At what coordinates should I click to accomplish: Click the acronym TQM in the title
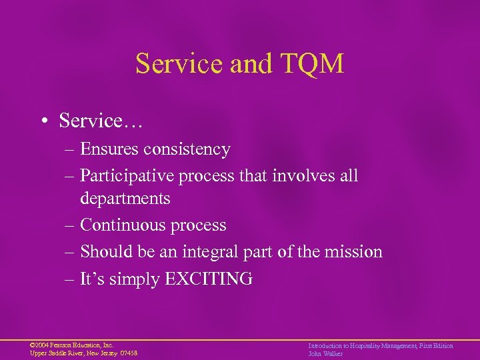[x=311, y=64]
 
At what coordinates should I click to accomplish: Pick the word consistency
[x=191, y=149]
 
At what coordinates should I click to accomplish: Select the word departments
[x=125, y=199]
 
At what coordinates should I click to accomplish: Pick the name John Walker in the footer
[x=325, y=354]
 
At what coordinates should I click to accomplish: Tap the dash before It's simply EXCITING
[x=71, y=279]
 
